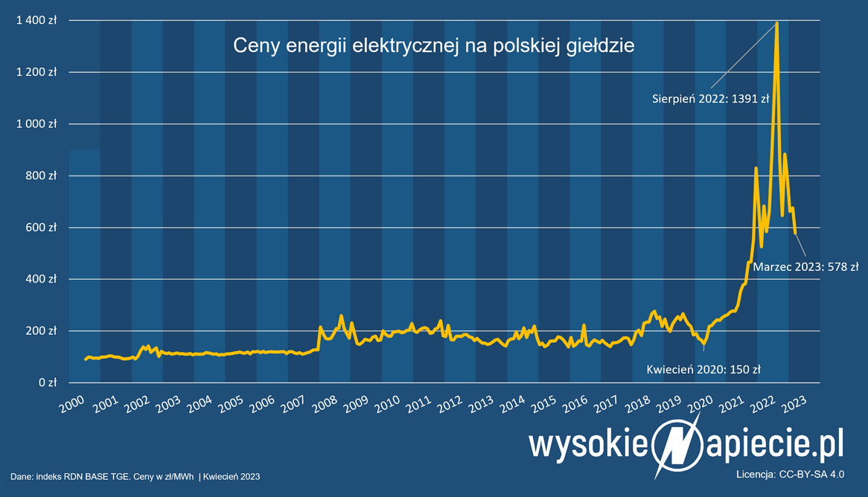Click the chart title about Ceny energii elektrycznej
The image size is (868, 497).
433,46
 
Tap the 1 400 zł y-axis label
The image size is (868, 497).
36,21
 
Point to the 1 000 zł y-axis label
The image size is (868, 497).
36,124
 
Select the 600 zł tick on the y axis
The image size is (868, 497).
42,228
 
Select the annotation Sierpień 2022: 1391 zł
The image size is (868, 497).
710,97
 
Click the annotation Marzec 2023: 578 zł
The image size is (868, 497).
805,266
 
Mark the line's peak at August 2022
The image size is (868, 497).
776,23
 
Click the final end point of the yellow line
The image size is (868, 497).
795,233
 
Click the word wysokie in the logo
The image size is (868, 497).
586,445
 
